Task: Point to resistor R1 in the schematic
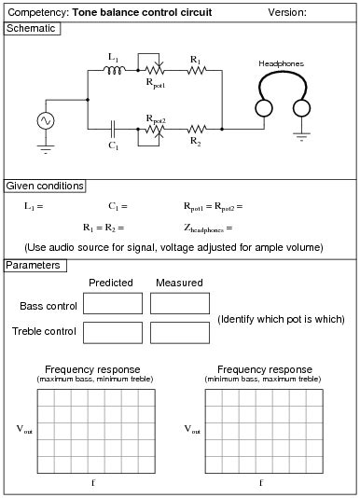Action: tap(195, 69)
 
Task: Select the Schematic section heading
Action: tap(33, 28)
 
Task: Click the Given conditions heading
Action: tap(45, 186)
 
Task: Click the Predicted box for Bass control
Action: tap(112, 303)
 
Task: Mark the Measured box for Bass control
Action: tap(179, 303)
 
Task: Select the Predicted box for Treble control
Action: tap(112, 332)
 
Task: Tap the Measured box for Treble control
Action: tap(179, 332)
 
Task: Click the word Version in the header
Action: tap(287, 12)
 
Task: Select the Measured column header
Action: tap(179, 283)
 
